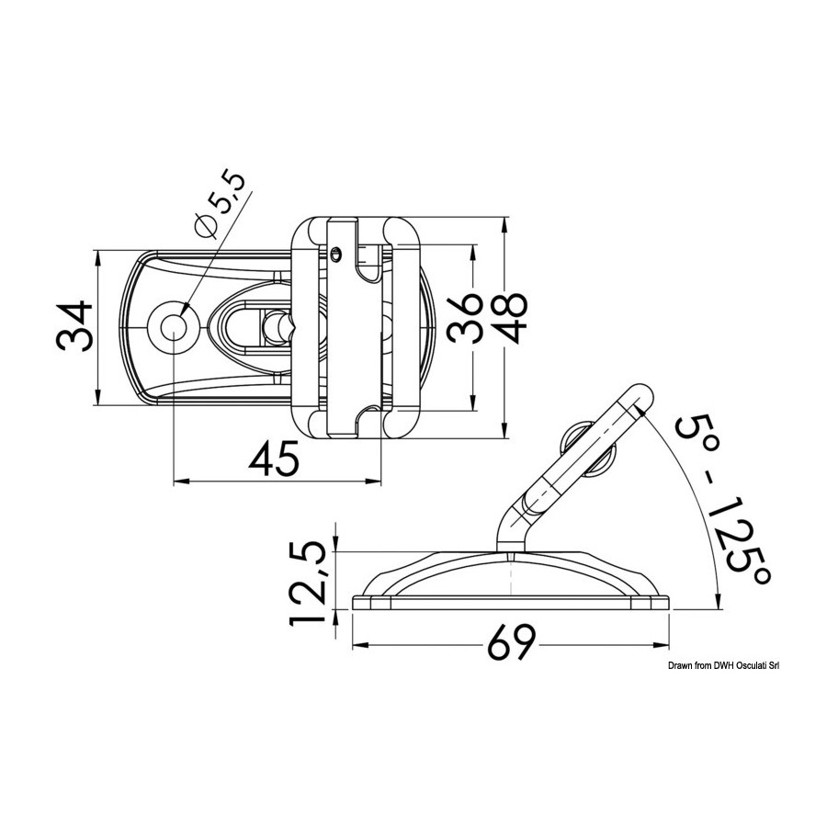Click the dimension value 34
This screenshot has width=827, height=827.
74,326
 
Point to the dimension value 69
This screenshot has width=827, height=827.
511,642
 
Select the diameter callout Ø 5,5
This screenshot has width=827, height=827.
221,205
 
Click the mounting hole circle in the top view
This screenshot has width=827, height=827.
174,327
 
